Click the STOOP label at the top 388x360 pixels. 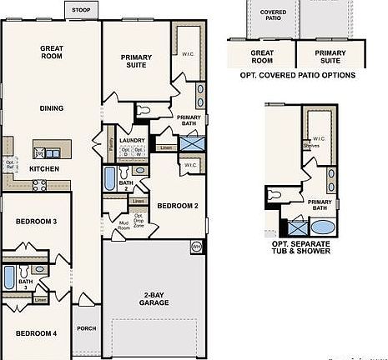tap(81, 9)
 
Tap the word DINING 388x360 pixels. tap(52, 107)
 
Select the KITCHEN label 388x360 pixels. tap(44, 168)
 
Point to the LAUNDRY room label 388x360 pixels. tap(132, 141)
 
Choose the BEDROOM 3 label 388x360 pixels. tap(36, 221)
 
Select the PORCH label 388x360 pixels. tap(85, 327)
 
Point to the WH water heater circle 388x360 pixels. tap(197, 247)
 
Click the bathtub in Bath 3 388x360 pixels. tap(9, 277)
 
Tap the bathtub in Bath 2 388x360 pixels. tap(108, 177)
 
